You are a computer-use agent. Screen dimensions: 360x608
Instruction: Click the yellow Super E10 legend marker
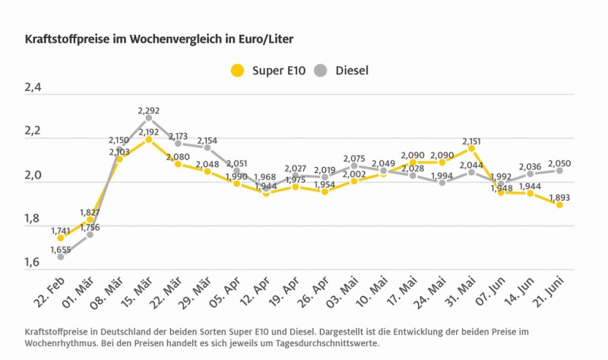(x=238, y=71)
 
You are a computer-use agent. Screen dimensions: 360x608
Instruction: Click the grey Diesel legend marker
(x=321, y=71)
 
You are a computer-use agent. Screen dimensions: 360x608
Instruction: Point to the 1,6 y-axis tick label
(x=33, y=263)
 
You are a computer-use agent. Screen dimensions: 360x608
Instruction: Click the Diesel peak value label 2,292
(x=149, y=111)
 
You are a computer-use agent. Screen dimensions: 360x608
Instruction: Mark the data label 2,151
(x=471, y=141)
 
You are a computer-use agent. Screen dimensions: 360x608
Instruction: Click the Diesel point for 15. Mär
(x=149, y=118)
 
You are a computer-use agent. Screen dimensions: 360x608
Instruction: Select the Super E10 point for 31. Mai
(x=471, y=148)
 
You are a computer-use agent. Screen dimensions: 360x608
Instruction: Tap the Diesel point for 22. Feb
(x=61, y=257)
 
